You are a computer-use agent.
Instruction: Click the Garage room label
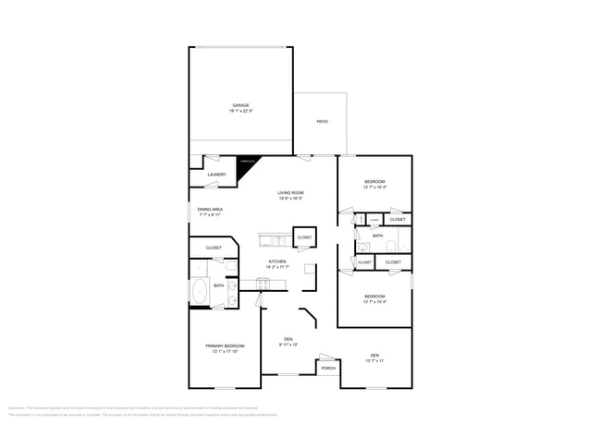tap(240, 105)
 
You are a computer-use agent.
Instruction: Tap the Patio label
tap(322, 121)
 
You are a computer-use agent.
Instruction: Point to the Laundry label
tap(217, 174)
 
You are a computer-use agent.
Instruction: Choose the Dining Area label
tap(210, 210)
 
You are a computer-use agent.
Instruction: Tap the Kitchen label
tap(277, 261)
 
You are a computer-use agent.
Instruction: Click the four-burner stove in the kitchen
tap(263, 284)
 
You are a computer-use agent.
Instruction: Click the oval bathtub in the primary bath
tap(199, 291)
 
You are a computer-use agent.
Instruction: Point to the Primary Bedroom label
tap(225, 346)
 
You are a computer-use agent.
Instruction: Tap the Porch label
tap(328, 368)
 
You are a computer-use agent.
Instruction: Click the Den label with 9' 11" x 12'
tap(288, 340)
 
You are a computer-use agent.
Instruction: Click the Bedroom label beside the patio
tap(374, 181)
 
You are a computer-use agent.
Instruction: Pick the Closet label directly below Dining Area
tap(214, 248)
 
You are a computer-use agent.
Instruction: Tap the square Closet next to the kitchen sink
tap(304, 237)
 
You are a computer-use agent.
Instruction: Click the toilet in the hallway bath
tap(391, 246)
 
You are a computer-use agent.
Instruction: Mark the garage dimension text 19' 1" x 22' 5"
tap(240, 111)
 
